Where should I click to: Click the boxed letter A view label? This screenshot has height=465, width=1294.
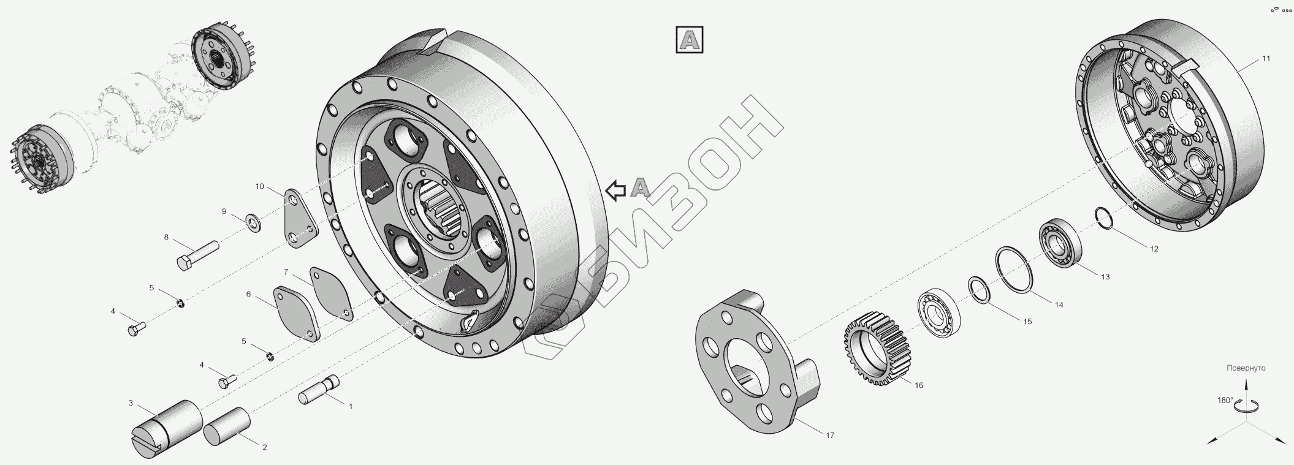(x=690, y=40)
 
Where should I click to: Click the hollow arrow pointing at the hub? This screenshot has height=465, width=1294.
(x=615, y=191)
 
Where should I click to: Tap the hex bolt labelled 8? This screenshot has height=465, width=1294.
(x=198, y=255)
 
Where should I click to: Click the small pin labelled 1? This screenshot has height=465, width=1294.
(x=320, y=390)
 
